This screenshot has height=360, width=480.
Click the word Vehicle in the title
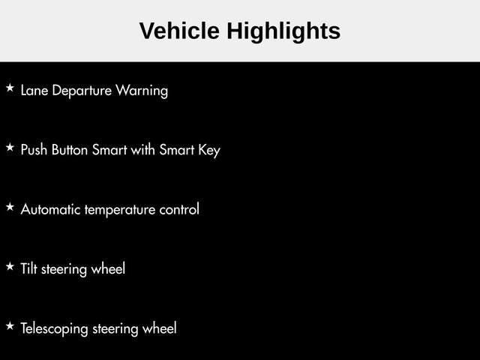coord(179,31)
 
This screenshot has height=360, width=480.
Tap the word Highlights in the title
coord(283,31)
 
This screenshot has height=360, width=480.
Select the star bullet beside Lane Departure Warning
coord(10,88)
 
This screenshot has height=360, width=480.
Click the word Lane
coord(34,90)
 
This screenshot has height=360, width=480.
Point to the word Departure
coord(82,91)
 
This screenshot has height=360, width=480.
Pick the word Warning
coord(142,91)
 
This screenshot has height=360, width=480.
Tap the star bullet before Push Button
coord(10,147)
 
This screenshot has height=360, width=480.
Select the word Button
coord(70,150)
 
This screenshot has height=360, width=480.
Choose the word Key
coord(209,150)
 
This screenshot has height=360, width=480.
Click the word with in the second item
coord(142,150)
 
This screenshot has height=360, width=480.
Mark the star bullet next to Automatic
coord(10,207)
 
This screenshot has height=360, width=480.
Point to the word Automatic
coord(50,209)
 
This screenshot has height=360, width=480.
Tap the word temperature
coord(120,210)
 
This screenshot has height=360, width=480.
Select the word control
coord(179,209)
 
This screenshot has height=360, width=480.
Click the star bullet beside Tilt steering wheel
coord(10,266)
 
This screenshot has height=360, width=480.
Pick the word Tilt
coord(28,268)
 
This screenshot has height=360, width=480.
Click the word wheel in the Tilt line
coord(108,268)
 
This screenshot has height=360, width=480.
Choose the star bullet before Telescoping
coord(10,325)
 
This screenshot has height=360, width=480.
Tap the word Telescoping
coord(55,329)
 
